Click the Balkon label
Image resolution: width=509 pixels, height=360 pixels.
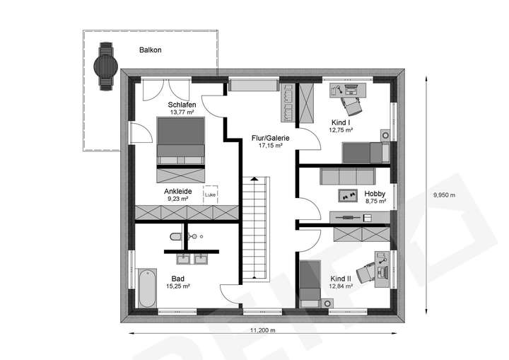coord(151,50)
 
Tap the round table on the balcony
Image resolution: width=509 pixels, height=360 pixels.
coord(107,64)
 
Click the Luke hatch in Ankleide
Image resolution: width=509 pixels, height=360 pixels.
coord(210,194)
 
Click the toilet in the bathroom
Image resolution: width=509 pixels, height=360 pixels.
coord(175,236)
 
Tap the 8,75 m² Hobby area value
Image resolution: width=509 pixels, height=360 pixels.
coord(374,201)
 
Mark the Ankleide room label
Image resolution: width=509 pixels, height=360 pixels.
coord(177,192)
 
